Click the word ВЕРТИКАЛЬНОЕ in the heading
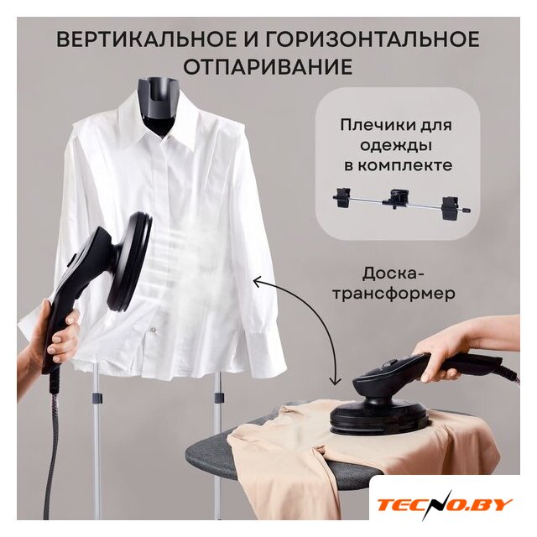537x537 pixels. (x=146, y=39)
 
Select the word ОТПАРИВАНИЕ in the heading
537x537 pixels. (x=268, y=66)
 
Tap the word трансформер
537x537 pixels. (x=394, y=294)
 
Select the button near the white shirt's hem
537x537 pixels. (x=153, y=330)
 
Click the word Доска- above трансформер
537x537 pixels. (x=394, y=274)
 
